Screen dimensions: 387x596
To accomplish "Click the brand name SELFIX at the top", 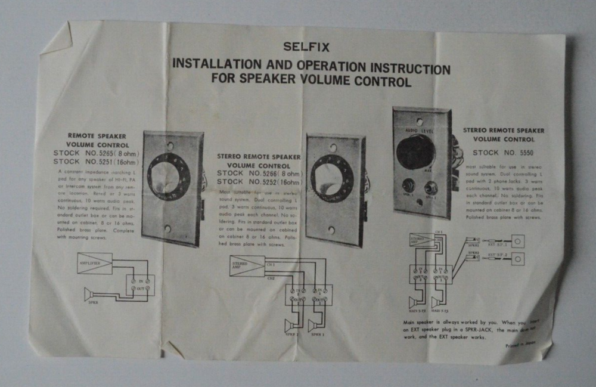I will point(306,46).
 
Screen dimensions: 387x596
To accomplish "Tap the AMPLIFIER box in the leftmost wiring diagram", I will point(95,262).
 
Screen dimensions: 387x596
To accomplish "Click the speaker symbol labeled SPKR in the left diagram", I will point(89,293).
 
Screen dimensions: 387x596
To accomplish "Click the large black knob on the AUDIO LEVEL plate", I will point(415,151).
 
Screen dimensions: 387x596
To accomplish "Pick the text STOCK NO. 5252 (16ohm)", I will point(259,181).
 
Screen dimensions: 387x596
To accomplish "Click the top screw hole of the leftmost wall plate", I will point(170,145).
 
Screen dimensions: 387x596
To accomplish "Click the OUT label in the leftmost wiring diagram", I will point(141,288).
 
